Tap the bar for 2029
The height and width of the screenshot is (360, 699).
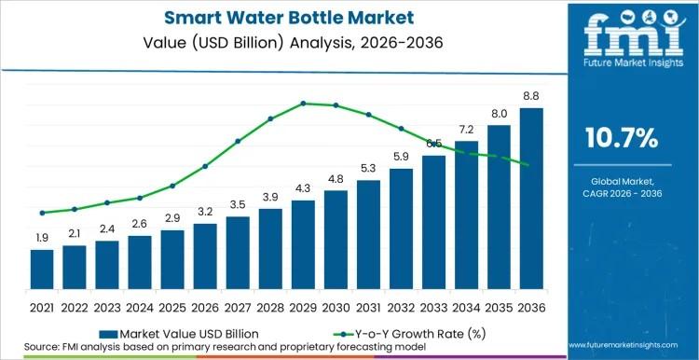pyautogui.click(x=303, y=244)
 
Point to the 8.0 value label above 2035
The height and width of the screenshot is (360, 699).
pyautogui.click(x=499, y=114)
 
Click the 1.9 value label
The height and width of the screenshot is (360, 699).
pyautogui.click(x=42, y=239)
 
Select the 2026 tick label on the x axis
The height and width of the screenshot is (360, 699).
pyautogui.click(x=205, y=307)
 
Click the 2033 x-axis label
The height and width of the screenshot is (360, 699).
pyautogui.click(x=433, y=307)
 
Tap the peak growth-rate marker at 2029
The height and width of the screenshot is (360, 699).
pyautogui.click(x=303, y=104)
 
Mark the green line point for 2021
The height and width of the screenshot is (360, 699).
pyautogui.click(x=42, y=213)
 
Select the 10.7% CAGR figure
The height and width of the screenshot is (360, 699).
pyautogui.click(x=621, y=139)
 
